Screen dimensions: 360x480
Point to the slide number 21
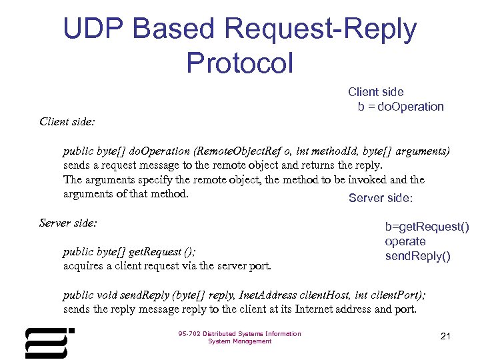coord(446,336)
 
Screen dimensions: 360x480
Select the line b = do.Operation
coord(400,107)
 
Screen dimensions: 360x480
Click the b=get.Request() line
coord(427,227)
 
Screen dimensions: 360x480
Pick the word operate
coord(405,242)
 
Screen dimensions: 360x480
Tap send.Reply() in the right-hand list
coord(418,257)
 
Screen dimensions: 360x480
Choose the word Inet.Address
coord(247,295)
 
